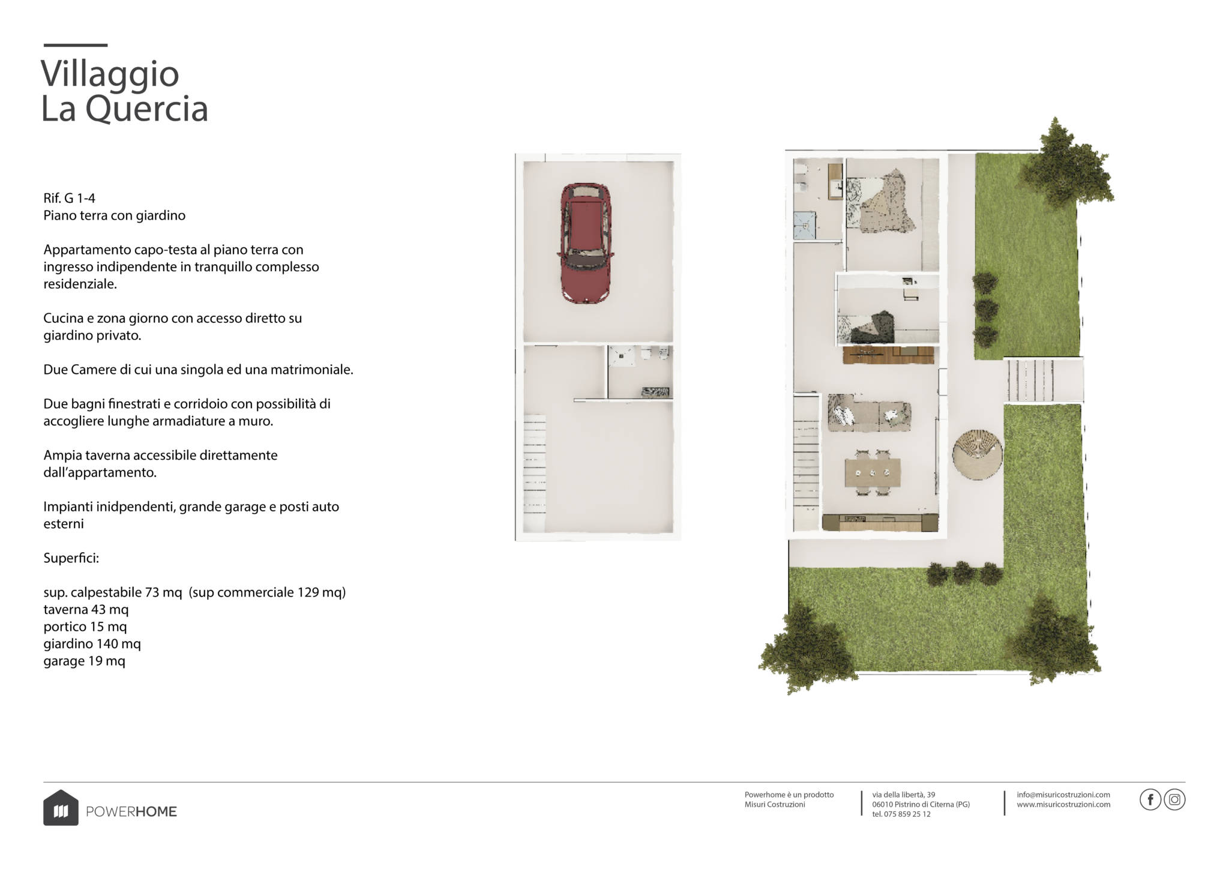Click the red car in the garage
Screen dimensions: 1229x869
coord(586,243)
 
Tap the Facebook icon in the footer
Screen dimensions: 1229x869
coord(1150,800)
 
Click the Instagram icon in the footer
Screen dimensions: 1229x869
coord(1174,800)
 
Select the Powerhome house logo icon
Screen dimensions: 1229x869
coord(61,808)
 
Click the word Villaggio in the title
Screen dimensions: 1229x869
coord(110,74)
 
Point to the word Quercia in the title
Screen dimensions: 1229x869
coord(147,109)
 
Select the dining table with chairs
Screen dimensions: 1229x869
coord(873,472)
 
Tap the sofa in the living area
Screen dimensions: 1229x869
coord(870,413)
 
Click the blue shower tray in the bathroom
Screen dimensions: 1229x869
coord(805,224)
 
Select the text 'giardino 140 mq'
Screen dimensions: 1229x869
coord(92,645)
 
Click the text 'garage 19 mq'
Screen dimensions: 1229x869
coord(84,662)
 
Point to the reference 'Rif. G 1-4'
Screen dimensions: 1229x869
coord(69,198)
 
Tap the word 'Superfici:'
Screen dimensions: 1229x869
coord(71,559)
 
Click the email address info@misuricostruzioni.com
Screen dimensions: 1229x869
coord(1063,795)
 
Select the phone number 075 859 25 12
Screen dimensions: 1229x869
coord(907,814)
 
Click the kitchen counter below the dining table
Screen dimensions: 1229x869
coord(880,523)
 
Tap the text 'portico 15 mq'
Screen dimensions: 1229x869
coord(85,627)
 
